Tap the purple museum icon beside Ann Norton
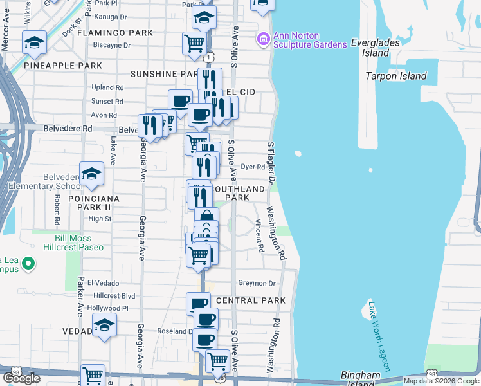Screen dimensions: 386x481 (x=262, y=40)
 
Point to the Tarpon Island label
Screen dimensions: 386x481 (x=396, y=76)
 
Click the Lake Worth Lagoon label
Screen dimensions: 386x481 (x=379, y=336)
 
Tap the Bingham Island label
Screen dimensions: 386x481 (x=360, y=379)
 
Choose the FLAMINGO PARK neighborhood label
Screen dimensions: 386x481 (x=123, y=33)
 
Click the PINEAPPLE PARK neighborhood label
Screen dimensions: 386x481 (x=63, y=66)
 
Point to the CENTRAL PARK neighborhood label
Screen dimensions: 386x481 (x=251, y=300)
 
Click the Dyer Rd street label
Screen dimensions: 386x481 (x=253, y=167)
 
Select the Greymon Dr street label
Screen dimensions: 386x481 (x=257, y=283)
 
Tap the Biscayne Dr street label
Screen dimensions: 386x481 (x=111, y=46)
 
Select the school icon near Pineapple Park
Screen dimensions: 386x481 (x=33, y=42)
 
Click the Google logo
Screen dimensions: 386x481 (x=21, y=378)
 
